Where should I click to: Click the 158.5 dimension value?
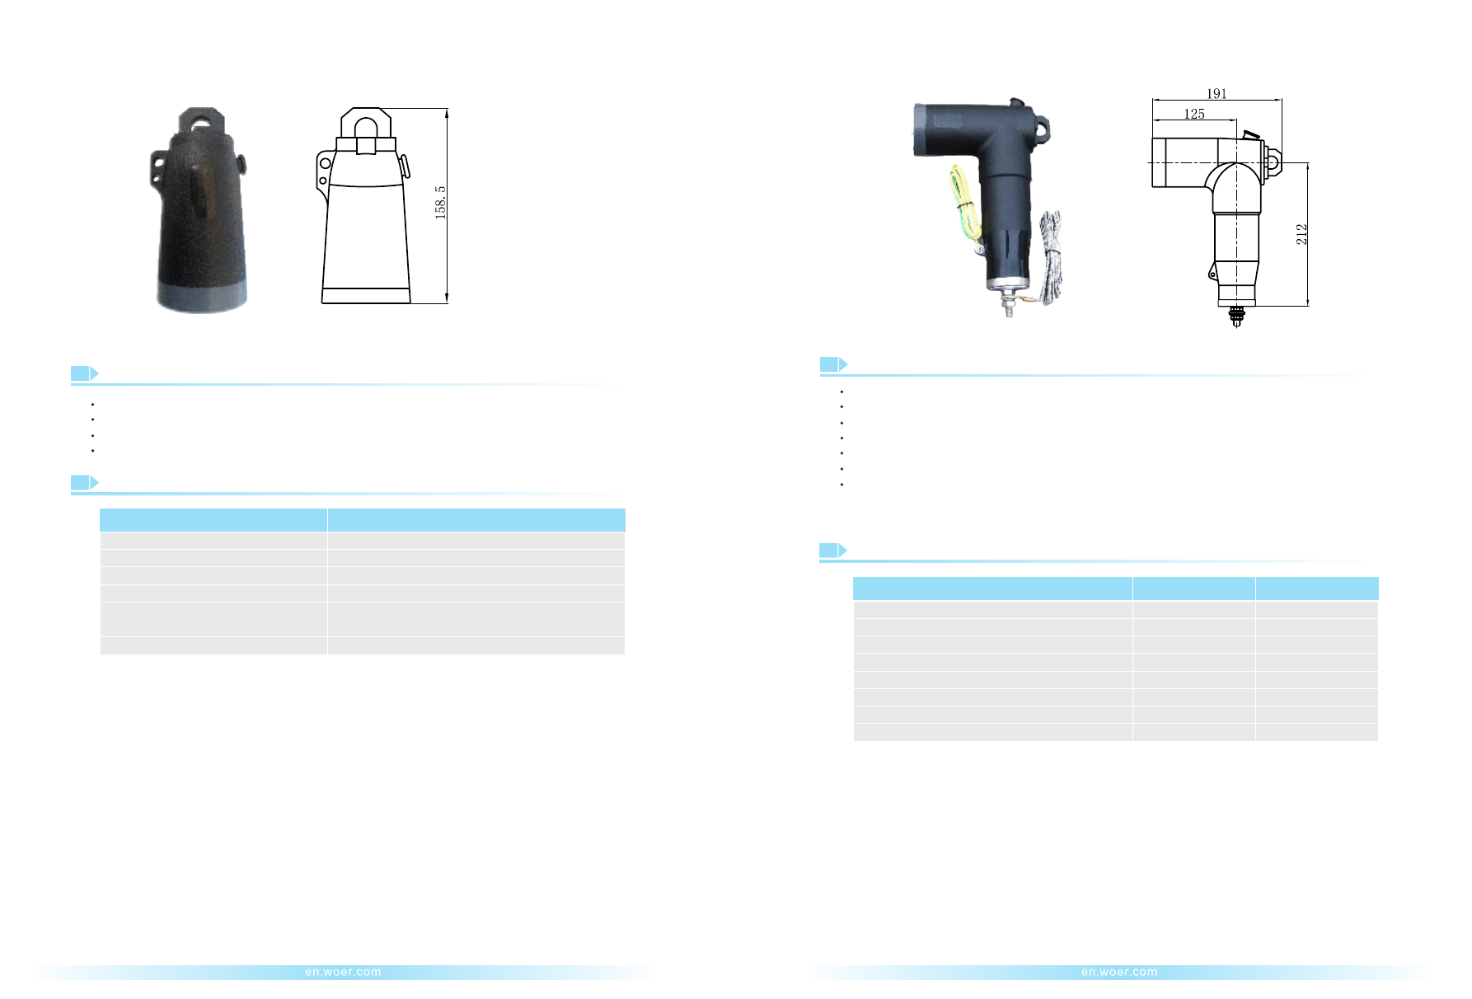point(440,202)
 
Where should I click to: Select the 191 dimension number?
point(1217,94)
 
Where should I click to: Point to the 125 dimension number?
point(1194,114)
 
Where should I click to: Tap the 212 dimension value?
point(1301,234)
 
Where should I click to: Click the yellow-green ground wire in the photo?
point(963,205)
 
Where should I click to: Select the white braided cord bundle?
point(1050,256)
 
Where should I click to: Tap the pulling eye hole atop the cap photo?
point(201,123)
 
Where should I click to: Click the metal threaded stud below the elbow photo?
point(1008,304)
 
